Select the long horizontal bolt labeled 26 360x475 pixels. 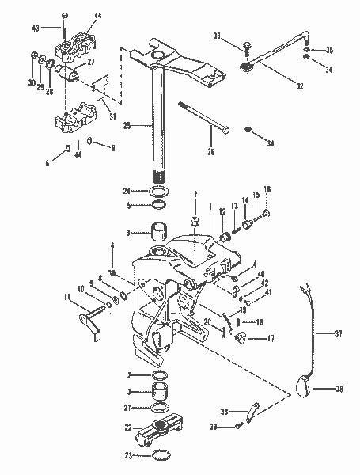(x=202, y=116)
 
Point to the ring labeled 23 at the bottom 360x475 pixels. (x=158, y=455)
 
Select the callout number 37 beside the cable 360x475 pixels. (x=341, y=335)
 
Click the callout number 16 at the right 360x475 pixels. (x=267, y=190)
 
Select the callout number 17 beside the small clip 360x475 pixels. (x=271, y=338)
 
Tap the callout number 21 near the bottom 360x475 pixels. (x=127, y=408)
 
